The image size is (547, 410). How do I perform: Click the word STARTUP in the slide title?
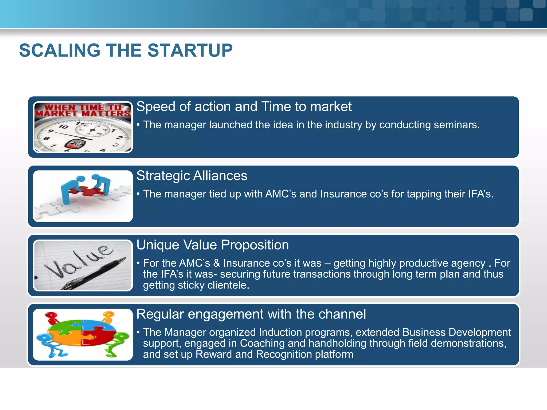pos(190,50)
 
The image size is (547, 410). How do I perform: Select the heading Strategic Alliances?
pos(192,176)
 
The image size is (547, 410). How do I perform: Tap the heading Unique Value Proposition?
pos(212,245)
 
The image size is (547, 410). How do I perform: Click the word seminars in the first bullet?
pos(456,125)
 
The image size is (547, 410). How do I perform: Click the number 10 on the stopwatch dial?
pos(63,127)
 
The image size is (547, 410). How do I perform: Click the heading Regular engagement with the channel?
pos(251,314)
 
